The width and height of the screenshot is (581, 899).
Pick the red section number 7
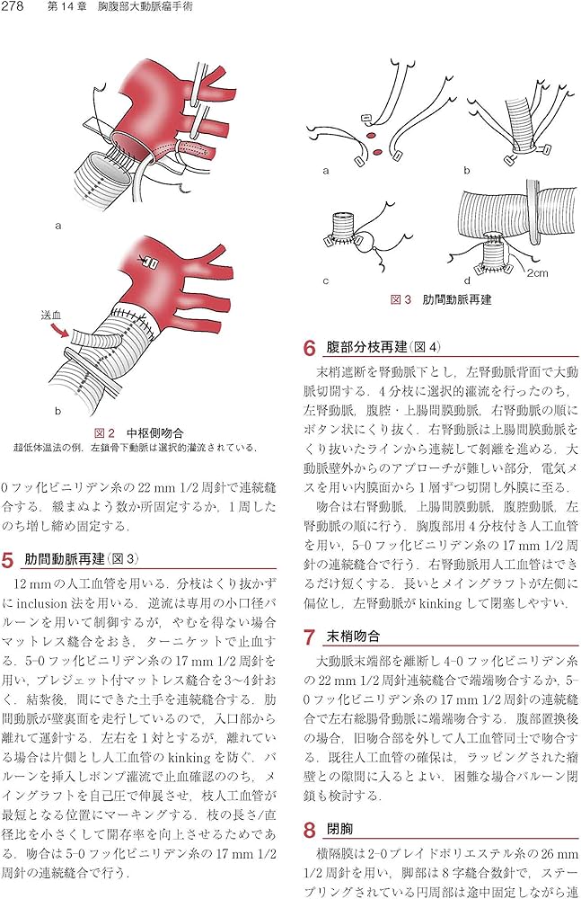(309, 638)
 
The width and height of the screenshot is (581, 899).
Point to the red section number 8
(309, 831)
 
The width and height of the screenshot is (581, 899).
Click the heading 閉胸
(341, 831)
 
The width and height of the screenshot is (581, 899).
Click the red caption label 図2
(105, 431)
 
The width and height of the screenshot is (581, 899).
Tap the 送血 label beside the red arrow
(52, 317)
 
